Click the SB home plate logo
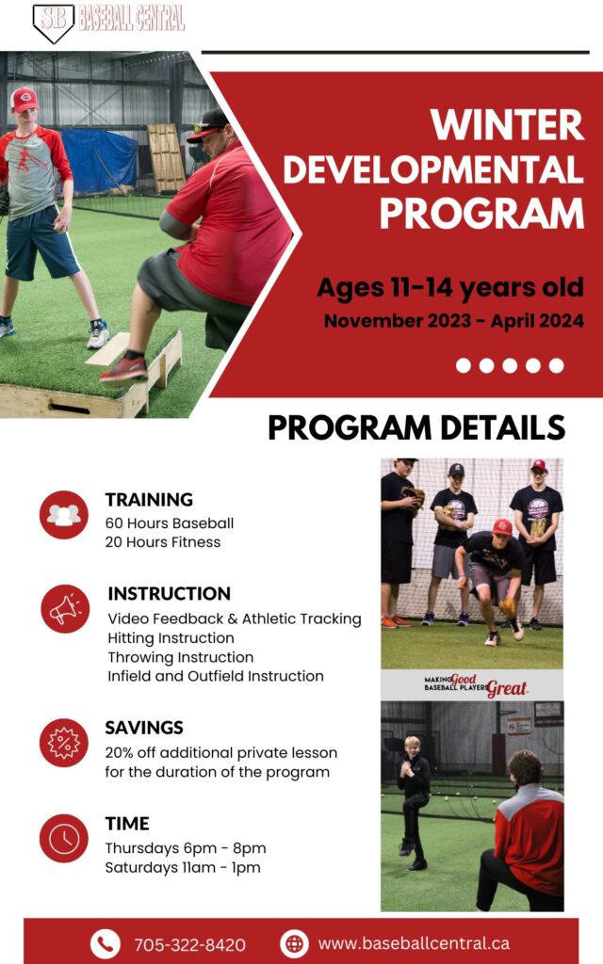coord(53,23)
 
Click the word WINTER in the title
coord(507,125)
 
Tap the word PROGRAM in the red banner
coord(481,214)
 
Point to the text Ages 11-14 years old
coord(450,287)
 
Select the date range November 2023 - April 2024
coord(454,320)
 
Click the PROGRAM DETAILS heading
coord(416,427)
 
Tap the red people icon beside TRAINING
coord(64,515)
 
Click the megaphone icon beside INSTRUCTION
coord(65,609)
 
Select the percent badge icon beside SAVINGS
coord(64,743)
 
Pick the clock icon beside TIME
coord(64,839)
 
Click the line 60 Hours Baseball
coord(170,523)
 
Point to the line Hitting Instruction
coord(171,638)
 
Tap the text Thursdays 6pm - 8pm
coord(186,848)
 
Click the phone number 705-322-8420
coord(190,944)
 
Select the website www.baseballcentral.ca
coord(414,943)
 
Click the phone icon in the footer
coord(106,943)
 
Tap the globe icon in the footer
coord(295,943)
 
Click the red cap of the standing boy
coord(24,98)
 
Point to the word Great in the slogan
coord(508,688)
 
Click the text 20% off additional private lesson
coord(220,752)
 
